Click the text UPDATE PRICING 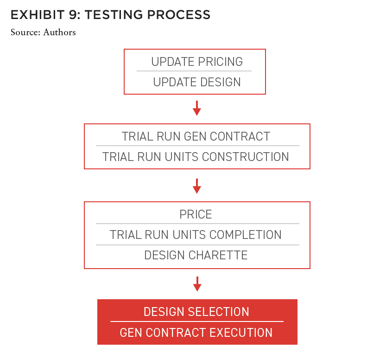(197, 62)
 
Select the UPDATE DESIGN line (197, 82)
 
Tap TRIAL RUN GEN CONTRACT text (196, 136)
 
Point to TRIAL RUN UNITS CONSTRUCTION (196, 157)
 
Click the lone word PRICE (196, 214)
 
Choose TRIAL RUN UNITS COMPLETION (196, 235)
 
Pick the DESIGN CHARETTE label (196, 255)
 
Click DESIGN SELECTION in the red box (196, 312)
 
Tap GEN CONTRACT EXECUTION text (196, 333)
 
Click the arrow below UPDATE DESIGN (197, 108)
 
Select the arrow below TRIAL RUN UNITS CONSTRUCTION (197, 186)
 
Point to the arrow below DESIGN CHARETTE (197, 284)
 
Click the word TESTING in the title (114, 15)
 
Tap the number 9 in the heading (73, 15)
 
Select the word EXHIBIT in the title (38, 15)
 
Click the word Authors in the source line (59, 32)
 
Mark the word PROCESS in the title (179, 15)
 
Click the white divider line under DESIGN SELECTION (197, 321)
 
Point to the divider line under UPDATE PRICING (194, 71)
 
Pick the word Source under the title (25, 32)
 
